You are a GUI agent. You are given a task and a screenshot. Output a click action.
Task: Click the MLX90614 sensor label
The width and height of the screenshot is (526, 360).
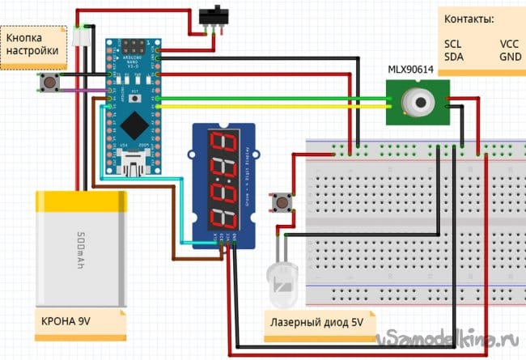click(x=410, y=70)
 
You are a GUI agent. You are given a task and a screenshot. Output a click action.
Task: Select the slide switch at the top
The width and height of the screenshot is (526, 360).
click(x=212, y=17)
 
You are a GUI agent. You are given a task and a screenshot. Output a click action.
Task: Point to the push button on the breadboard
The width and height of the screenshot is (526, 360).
click(x=282, y=201)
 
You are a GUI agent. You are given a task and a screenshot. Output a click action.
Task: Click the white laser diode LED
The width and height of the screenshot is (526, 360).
click(x=280, y=283)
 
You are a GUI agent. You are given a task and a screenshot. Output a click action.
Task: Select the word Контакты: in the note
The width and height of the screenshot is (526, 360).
click(x=469, y=19)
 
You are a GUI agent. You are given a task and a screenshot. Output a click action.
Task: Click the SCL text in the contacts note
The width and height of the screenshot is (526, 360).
click(x=454, y=43)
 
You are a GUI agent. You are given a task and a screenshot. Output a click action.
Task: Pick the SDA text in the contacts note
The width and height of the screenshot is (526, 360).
click(x=455, y=57)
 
